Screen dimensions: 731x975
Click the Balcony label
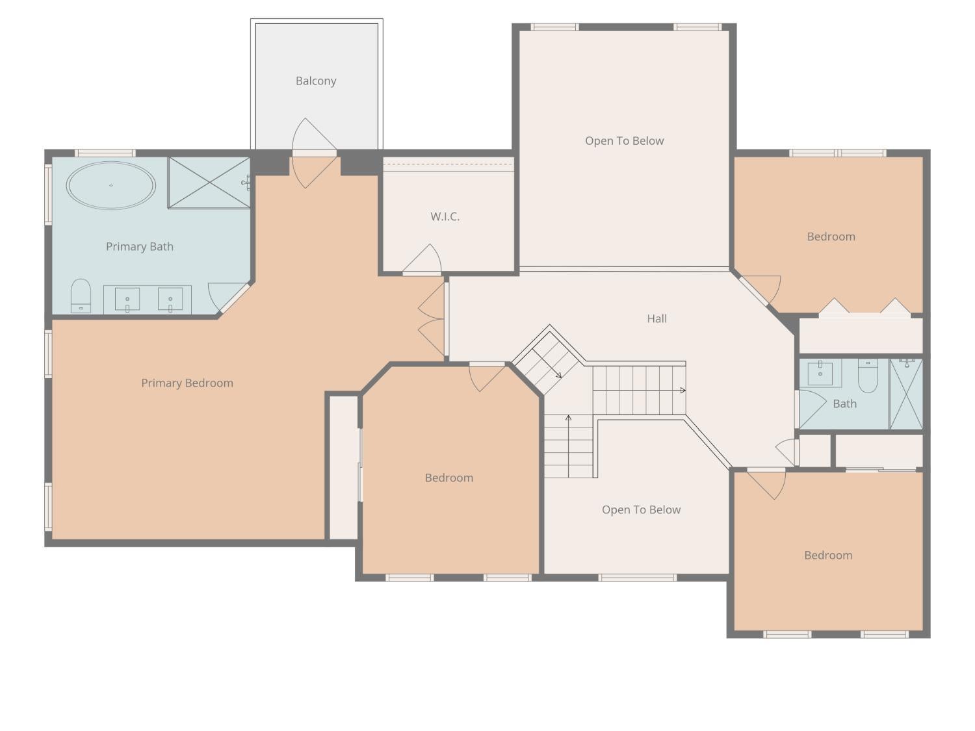tap(316, 81)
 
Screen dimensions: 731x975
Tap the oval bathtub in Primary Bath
tap(111, 185)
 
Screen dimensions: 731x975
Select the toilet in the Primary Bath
tap(81, 296)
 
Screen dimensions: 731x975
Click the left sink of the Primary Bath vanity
tap(127, 300)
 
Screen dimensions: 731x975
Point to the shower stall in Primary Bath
tap(209, 183)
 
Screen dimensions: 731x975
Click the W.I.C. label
tap(445, 217)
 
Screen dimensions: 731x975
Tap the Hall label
tap(656, 318)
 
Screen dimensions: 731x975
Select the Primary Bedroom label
tap(187, 383)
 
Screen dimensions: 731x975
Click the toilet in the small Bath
tap(868, 375)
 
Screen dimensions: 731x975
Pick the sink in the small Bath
tap(820, 373)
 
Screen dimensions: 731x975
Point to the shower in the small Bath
tap(906, 394)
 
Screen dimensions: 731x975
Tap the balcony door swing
tap(312, 153)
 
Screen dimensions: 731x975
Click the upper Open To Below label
tap(624, 141)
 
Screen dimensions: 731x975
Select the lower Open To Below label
tap(641, 510)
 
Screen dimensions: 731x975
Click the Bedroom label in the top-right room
tap(831, 237)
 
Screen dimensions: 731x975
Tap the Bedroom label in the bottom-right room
tap(828, 556)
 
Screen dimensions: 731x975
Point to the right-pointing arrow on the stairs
tap(682, 391)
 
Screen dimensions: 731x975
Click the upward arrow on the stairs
tap(569, 418)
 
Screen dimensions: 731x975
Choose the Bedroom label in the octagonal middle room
tap(448, 478)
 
